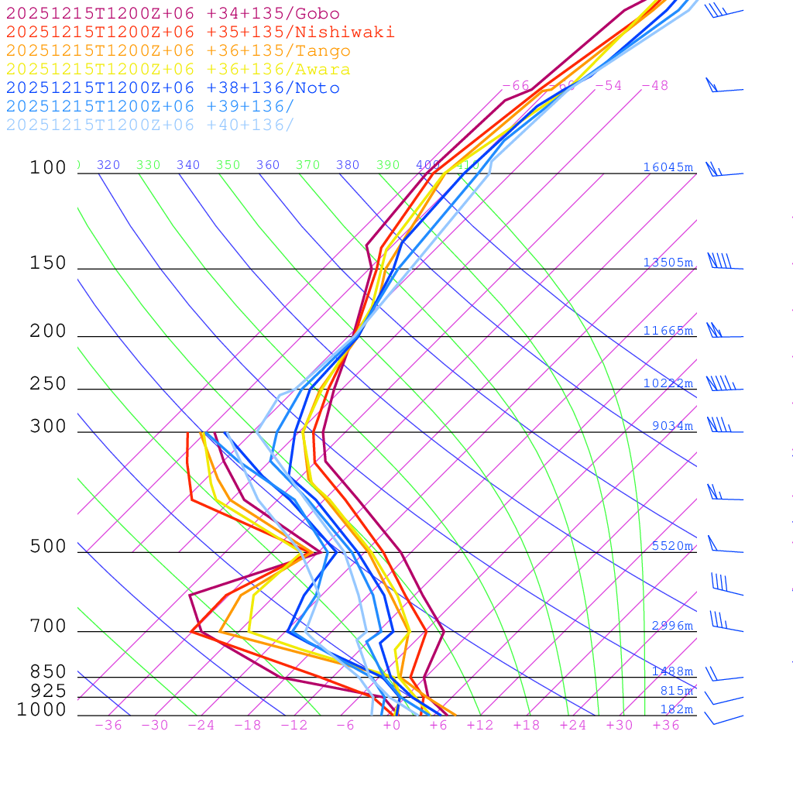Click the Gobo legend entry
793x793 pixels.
pos(173,13)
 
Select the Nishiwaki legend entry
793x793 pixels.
pos(200,32)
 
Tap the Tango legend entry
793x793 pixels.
pos(178,51)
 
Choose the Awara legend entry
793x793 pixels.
pos(178,70)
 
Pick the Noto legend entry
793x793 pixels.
pos(173,88)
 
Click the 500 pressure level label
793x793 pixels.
pos(49,547)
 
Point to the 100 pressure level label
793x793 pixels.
pos(49,167)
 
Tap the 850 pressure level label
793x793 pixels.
pos(49,671)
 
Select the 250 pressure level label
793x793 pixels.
pos(49,384)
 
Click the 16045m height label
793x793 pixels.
pos(668,167)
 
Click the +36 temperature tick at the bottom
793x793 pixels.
pos(666,725)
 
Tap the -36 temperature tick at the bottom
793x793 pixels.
pos(108,725)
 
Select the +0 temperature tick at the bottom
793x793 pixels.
pos(392,725)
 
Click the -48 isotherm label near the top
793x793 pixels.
pos(654,85)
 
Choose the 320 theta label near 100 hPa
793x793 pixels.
pos(108,165)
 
